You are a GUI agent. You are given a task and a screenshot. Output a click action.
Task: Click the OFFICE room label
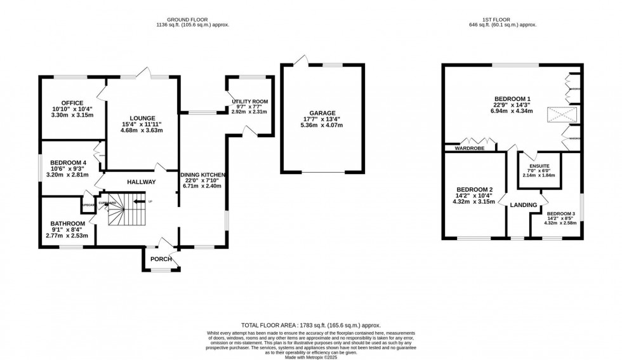click(72, 103)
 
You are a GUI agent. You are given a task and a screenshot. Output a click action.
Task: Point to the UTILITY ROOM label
click(249, 102)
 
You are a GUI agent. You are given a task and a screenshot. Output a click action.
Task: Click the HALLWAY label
click(141, 182)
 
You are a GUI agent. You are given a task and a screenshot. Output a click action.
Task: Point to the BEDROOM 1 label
click(512, 98)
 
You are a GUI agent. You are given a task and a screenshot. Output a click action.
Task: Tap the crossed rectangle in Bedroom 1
click(562, 116)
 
